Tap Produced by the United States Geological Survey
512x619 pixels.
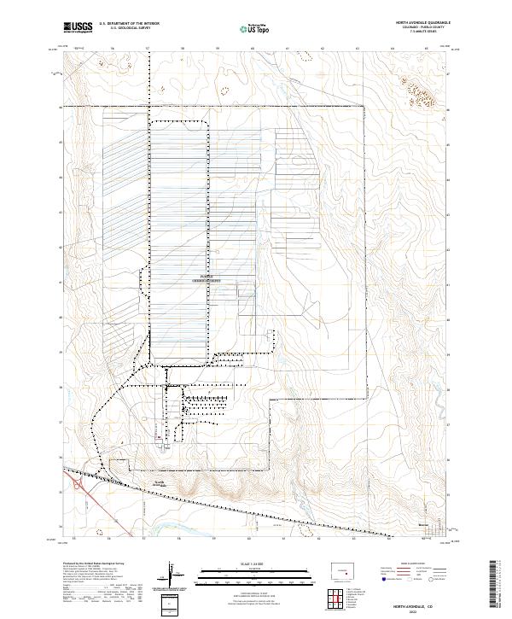(x=93, y=564)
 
